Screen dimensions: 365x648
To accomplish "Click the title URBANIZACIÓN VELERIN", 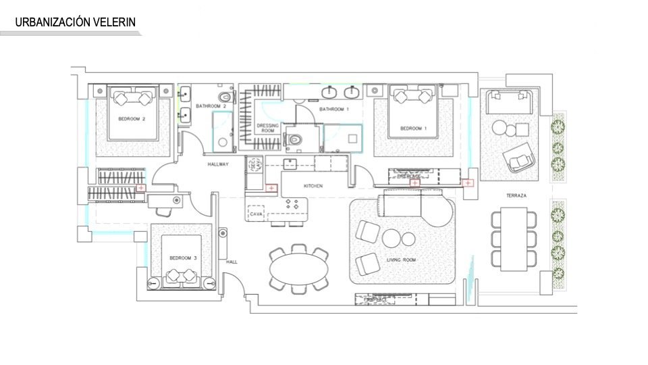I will coord(76,22).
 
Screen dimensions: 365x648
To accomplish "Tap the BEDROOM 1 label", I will coord(413,128).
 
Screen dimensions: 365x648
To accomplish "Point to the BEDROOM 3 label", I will coord(183,258).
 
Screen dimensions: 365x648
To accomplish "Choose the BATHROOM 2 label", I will coord(211,106).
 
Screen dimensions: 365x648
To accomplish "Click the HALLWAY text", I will coord(217,164).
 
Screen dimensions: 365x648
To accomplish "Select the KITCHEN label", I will coord(313,186).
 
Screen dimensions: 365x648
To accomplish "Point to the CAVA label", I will coord(256,214).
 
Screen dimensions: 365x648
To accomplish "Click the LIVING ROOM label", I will coord(401,260).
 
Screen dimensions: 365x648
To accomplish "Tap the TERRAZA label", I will coord(516,196).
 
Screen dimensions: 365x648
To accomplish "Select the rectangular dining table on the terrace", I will coord(514,239).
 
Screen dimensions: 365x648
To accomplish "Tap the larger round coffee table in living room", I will coord(391,239).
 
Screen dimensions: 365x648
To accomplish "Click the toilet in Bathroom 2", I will coord(225,99).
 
